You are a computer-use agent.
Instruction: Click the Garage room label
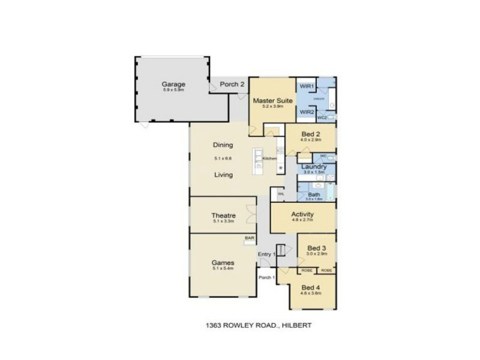point(173,84)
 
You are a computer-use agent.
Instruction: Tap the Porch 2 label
point(232,85)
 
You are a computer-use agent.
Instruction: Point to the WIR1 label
point(307,86)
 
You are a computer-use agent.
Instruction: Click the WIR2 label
point(307,111)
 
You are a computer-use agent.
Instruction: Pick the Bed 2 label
point(310,133)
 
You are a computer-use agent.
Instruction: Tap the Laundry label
point(314,166)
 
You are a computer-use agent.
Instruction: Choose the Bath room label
point(314,195)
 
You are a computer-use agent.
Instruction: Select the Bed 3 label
point(316,248)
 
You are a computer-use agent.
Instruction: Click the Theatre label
point(223,215)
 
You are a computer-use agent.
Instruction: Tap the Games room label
point(223,263)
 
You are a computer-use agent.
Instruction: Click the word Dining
point(222,145)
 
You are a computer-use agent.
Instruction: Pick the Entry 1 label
point(266,254)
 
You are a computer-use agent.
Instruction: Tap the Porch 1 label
point(266,277)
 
